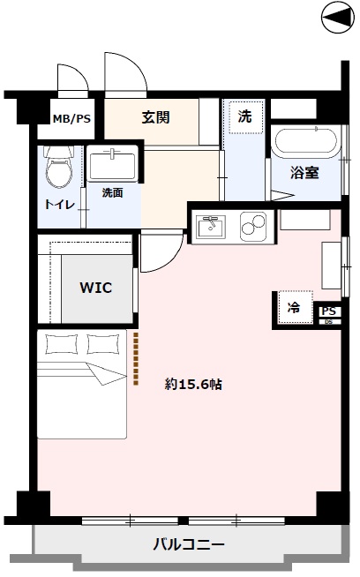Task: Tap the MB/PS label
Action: point(71,119)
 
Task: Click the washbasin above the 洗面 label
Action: point(113,163)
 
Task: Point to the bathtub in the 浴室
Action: point(306,142)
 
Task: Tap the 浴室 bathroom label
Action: point(304,173)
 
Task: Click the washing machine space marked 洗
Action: point(246,117)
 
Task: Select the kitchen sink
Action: point(211,227)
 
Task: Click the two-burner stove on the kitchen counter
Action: point(253,226)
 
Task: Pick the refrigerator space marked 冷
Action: point(296,308)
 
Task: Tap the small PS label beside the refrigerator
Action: point(329,311)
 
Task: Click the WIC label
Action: point(95,288)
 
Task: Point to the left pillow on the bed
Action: point(62,344)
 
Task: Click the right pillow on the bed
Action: point(104,344)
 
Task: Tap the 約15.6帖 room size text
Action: point(193,385)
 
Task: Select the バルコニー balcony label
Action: point(189,543)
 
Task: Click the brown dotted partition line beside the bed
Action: point(136,359)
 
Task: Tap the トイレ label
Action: point(60,205)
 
